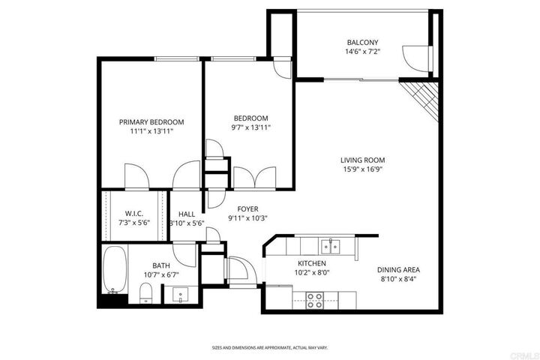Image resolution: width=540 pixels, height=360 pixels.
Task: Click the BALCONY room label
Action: (x=362, y=42)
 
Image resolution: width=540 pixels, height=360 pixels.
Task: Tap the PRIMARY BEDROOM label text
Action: (x=151, y=122)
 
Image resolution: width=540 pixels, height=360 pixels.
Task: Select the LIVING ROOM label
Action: (x=362, y=160)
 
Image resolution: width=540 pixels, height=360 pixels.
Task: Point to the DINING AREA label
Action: (x=397, y=269)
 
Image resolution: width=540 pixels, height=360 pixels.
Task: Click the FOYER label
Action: (x=247, y=209)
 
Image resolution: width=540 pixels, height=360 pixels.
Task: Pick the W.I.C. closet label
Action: (x=134, y=214)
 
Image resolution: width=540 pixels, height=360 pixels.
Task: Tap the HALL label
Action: (x=187, y=214)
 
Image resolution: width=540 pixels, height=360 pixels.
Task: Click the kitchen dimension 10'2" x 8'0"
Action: (x=310, y=273)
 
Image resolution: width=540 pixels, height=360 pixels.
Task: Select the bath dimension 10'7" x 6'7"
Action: (x=161, y=274)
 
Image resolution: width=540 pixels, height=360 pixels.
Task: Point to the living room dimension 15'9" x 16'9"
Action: (x=362, y=169)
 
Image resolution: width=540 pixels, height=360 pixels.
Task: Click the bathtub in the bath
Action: (x=115, y=271)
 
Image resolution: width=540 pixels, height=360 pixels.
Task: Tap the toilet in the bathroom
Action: (x=147, y=295)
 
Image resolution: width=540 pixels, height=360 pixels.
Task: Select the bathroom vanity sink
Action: (x=179, y=295)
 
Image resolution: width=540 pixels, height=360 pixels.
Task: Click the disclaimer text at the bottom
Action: (x=270, y=348)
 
